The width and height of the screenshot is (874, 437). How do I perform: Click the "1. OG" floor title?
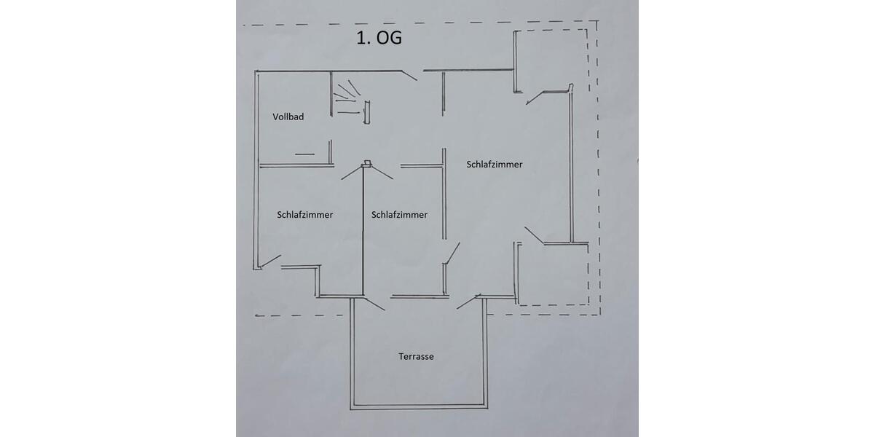[379, 38]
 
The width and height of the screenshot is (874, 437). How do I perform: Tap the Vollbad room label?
[288, 117]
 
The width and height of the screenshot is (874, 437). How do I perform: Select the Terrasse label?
[416, 356]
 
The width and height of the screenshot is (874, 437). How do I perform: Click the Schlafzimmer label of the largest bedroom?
[495, 164]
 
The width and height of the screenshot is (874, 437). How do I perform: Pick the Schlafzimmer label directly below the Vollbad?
[305, 215]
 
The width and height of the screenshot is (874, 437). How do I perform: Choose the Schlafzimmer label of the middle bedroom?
[399, 215]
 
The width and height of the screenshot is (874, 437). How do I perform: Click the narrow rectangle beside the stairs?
[366, 113]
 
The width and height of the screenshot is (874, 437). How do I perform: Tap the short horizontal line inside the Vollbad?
[304, 154]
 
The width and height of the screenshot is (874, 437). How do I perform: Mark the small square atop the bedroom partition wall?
[366, 164]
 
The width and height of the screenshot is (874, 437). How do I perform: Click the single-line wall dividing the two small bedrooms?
[363, 233]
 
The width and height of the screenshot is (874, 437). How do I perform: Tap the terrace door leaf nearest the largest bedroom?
[468, 302]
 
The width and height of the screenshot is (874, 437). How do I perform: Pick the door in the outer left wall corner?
[270, 260]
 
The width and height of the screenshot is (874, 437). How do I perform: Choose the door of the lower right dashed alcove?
[534, 235]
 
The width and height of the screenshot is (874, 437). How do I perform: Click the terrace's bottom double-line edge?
[419, 406]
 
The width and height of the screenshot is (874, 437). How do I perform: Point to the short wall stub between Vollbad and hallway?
[330, 151]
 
